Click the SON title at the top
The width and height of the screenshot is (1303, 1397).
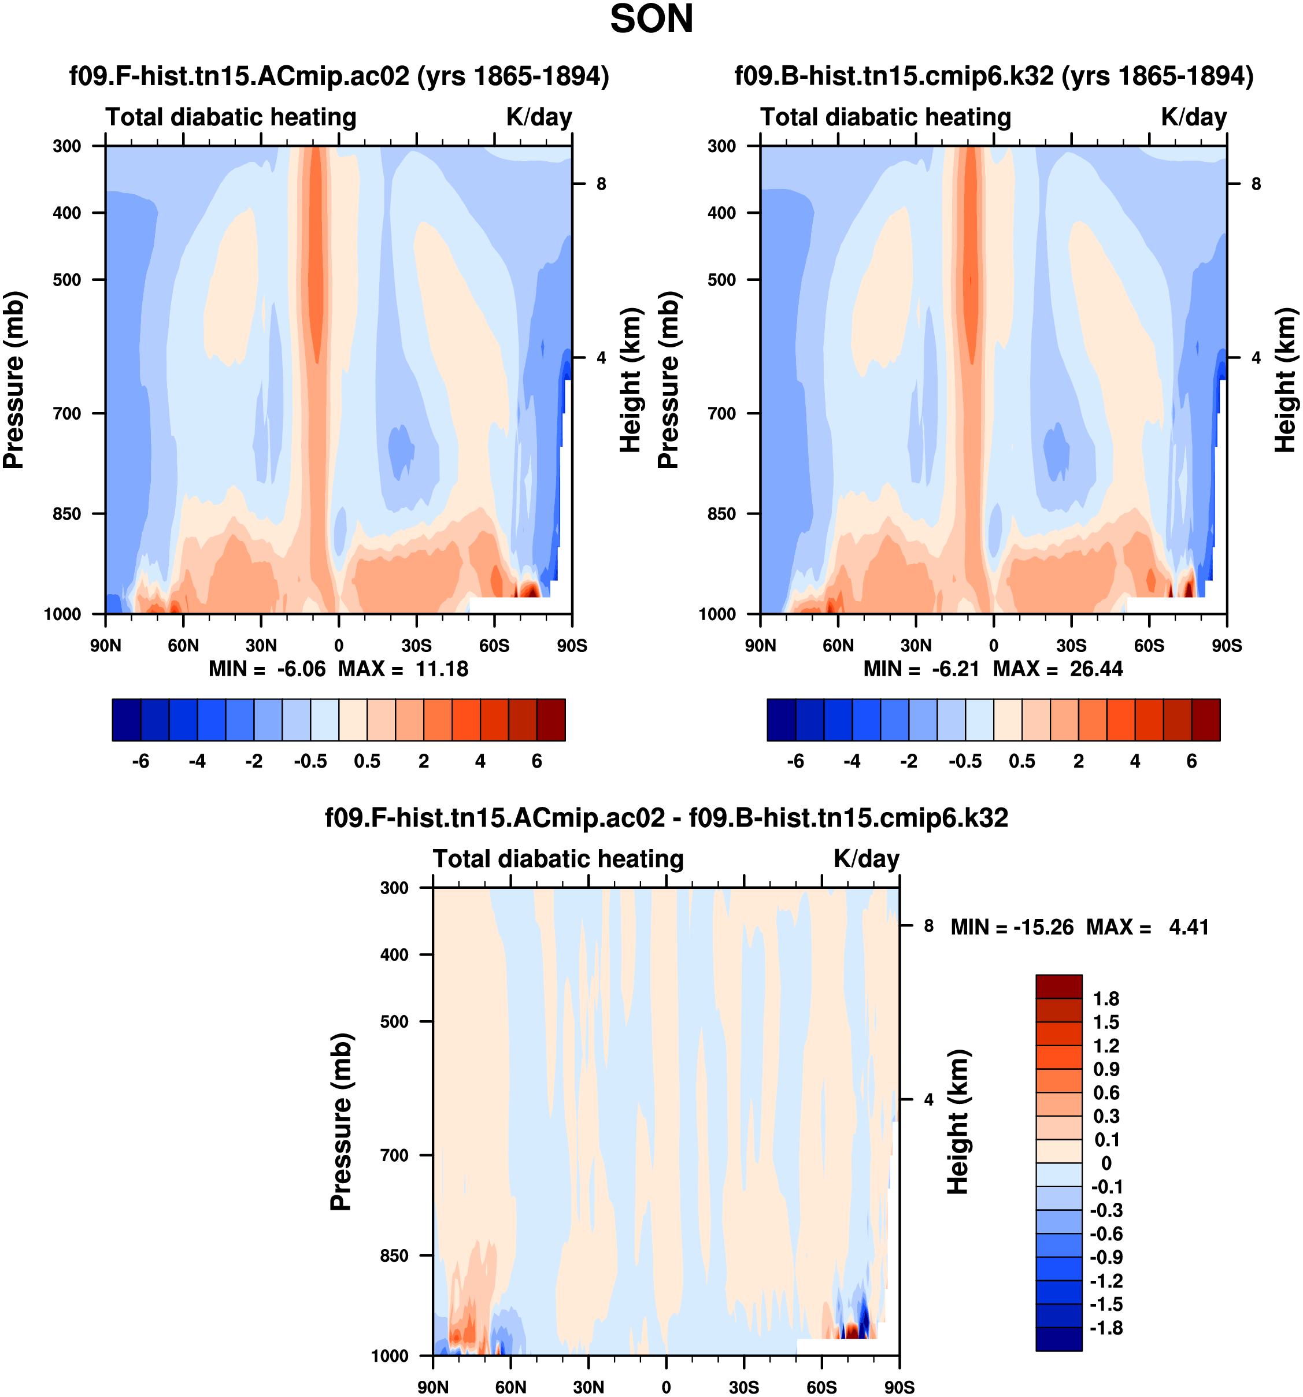(651, 19)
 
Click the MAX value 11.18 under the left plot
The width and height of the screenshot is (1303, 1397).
(441, 668)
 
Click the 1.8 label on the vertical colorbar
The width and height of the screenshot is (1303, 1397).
(1105, 999)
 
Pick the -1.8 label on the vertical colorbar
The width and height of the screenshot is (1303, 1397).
(1105, 1328)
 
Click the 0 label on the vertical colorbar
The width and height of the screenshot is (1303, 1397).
(1105, 1163)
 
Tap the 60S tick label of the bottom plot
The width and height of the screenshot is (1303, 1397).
(821, 1387)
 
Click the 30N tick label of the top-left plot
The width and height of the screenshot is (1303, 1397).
(261, 645)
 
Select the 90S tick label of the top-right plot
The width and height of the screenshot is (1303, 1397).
(1226, 645)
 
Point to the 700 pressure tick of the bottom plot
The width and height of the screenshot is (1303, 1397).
(394, 1155)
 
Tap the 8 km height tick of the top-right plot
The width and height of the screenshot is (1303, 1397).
(1256, 184)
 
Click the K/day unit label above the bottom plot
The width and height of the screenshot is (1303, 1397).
(866, 859)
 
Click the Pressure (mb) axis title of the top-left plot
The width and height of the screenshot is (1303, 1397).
(14, 380)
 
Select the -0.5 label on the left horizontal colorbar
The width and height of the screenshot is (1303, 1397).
(310, 761)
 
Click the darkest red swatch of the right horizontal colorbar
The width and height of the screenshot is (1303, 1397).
(1205, 720)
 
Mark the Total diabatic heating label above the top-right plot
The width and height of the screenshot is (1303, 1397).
(885, 117)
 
